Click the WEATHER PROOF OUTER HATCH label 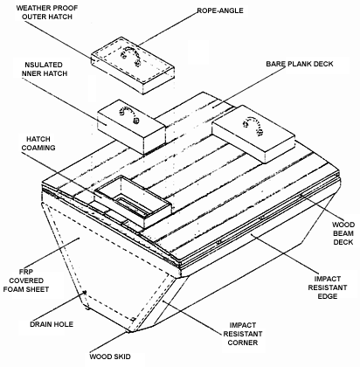pos(47,12)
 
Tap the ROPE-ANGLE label pos(220,10)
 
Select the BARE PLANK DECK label pos(300,64)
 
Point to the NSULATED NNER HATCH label pos(45,69)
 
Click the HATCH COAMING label pos(38,143)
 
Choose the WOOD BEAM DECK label pos(343,233)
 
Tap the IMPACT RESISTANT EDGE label pos(328,287)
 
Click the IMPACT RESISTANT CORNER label pos(243,334)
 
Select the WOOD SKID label pos(110,357)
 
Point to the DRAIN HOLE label pos(52,324)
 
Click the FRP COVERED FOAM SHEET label pos(26,280)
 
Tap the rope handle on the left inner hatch pos(128,114)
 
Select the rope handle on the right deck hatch pos(254,125)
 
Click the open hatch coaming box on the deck pos(133,201)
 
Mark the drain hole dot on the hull pos(85,292)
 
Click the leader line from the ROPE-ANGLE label pos(168,29)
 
